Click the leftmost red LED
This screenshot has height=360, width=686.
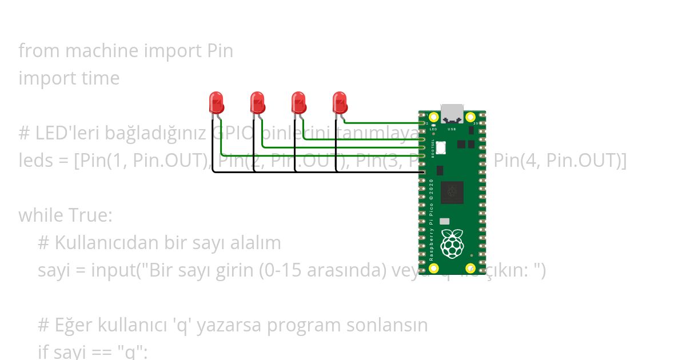click(x=216, y=103)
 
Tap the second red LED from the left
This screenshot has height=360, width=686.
click(x=257, y=103)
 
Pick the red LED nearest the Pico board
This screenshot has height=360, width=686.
click(x=340, y=103)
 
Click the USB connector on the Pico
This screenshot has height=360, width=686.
click(x=452, y=113)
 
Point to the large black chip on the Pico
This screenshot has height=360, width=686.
click(x=452, y=192)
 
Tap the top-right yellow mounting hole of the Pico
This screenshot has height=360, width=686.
click(x=471, y=117)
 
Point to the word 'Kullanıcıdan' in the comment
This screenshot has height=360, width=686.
click(x=107, y=243)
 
